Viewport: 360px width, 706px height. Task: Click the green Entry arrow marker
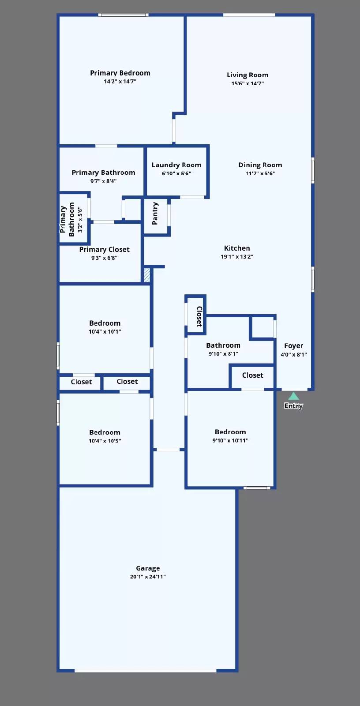tap(293, 396)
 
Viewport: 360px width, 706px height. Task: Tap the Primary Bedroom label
tap(120, 73)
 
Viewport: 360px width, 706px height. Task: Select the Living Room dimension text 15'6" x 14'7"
tap(247, 83)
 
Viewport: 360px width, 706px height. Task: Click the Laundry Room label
tap(176, 165)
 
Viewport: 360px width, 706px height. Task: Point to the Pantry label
tap(155, 214)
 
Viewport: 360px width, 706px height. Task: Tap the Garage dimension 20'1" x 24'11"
tap(148, 577)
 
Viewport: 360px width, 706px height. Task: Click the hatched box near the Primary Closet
tap(147, 275)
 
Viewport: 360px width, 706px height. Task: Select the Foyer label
tap(293, 346)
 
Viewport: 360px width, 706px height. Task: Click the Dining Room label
tap(260, 165)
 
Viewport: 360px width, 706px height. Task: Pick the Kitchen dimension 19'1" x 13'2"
tap(237, 257)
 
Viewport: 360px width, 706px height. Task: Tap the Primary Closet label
tap(104, 250)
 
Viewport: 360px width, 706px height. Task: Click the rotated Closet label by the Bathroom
tap(199, 316)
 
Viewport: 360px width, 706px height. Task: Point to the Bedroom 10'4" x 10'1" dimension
tap(105, 332)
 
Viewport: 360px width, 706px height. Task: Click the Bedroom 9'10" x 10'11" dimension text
tap(230, 440)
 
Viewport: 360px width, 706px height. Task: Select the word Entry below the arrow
tap(293, 406)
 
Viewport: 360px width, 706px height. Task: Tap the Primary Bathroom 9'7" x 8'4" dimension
tap(103, 181)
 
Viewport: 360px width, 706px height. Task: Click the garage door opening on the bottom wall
tap(145, 671)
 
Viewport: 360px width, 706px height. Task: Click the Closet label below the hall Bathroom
tap(252, 375)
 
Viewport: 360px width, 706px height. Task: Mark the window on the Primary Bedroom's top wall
tap(123, 15)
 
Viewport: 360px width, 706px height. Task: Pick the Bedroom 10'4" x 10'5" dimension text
tap(105, 441)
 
